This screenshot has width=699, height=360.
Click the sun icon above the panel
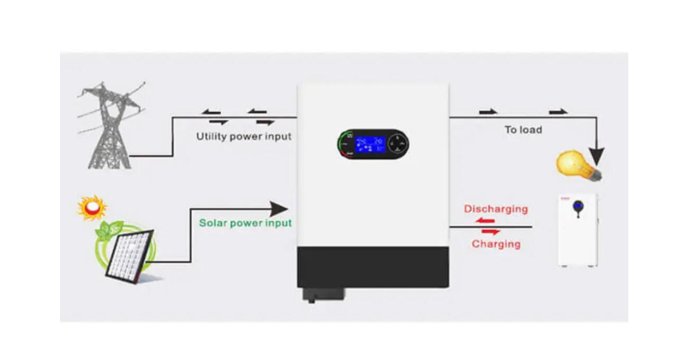(x=91, y=209)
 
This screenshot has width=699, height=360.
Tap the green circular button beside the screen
(x=345, y=142)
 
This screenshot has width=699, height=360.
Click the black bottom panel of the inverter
(x=372, y=267)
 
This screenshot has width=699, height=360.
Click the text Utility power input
(x=243, y=136)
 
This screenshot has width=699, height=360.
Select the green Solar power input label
(x=245, y=222)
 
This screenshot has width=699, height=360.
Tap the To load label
(x=523, y=130)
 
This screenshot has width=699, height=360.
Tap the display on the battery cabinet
(x=577, y=206)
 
